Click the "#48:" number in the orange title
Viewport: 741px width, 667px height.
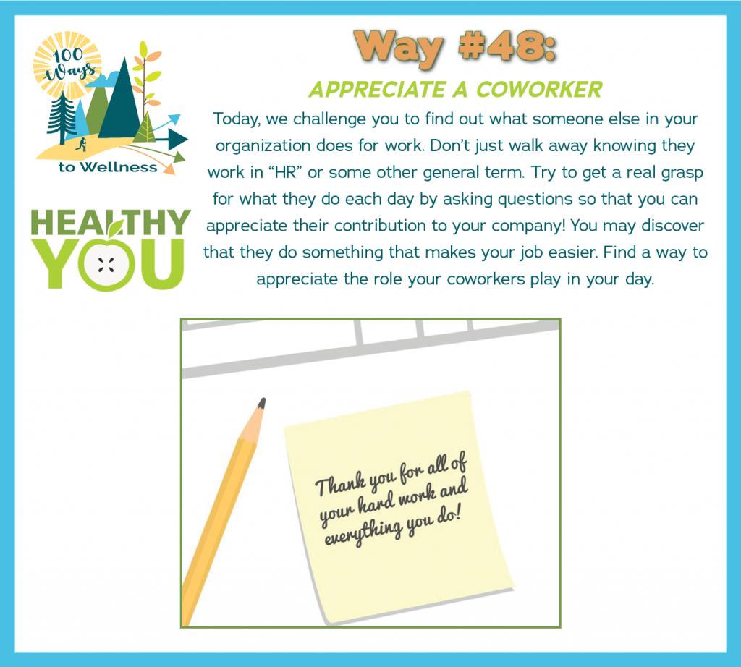pyautogui.click(x=507, y=46)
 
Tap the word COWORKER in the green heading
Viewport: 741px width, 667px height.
pyautogui.click(x=539, y=89)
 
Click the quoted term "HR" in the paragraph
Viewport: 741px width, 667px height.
pyautogui.click(x=285, y=172)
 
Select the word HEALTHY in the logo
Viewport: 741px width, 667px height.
pyautogui.click(x=111, y=223)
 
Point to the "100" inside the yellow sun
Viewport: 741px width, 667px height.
pyautogui.click(x=68, y=56)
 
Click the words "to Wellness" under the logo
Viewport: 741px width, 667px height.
pyautogui.click(x=108, y=167)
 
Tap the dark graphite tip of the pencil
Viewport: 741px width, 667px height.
pyautogui.click(x=261, y=403)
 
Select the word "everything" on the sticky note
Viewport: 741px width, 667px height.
pyautogui.click(x=363, y=533)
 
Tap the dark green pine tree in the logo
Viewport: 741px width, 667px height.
pyautogui.click(x=62, y=117)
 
